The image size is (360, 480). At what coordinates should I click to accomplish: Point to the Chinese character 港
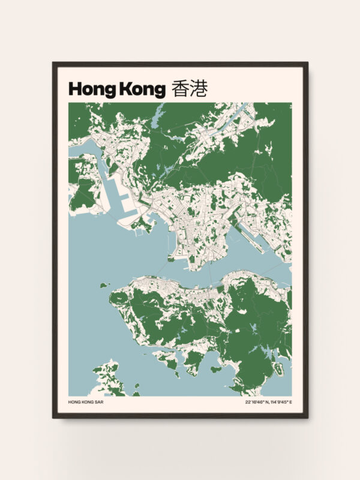pos(199,89)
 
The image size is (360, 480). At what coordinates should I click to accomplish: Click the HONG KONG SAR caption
pos(86,402)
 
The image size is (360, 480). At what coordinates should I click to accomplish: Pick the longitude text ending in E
pos(280,402)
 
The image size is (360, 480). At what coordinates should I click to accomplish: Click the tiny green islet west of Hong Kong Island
pos(103,285)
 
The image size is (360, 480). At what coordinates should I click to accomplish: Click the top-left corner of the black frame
pos(53,62)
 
